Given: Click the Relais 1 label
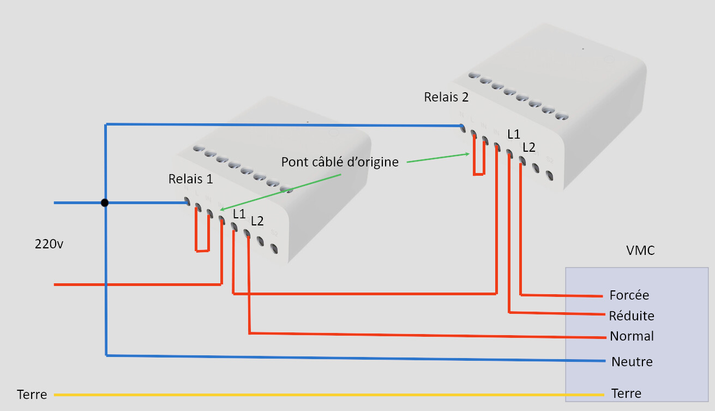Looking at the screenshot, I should [191, 179].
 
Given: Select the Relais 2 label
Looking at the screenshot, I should [446, 97].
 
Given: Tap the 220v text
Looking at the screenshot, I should [49, 244].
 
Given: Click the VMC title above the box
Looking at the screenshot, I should [640, 251].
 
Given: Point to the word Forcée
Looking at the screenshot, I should [629, 295].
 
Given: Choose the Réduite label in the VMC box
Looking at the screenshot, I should [632, 315].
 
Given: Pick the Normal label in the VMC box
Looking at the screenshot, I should [632, 336].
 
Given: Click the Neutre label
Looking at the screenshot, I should [632, 361].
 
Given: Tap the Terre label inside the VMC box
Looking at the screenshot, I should [626, 394].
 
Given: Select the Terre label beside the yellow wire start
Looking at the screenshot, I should [32, 394].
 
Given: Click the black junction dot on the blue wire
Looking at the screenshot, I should [105, 203].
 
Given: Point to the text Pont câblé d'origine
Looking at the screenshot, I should [340, 162].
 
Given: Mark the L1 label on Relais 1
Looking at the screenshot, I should [239, 214].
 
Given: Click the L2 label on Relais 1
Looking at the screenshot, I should [257, 221].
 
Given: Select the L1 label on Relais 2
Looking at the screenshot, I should [514, 133].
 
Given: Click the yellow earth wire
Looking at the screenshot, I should [327, 395].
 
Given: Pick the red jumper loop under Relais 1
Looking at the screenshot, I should [202, 251].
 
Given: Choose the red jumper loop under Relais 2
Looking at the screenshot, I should [478, 174].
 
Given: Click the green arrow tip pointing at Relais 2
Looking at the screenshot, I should [468, 154].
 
